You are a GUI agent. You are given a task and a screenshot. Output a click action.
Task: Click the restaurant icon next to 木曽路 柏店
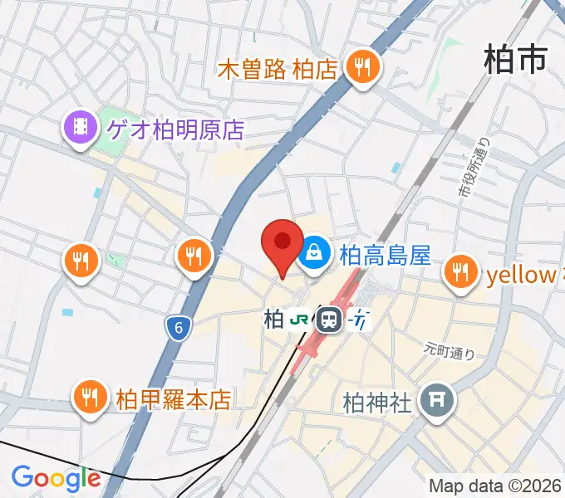point(361,68)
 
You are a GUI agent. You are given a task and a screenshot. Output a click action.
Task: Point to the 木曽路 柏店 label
point(278,69)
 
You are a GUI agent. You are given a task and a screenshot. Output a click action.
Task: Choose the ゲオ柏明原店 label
point(174,129)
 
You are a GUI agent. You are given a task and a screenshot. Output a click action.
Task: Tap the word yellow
point(521,275)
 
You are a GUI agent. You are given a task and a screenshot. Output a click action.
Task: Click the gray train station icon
point(330,319)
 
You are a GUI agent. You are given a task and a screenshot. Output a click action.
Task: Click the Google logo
point(56,478)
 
